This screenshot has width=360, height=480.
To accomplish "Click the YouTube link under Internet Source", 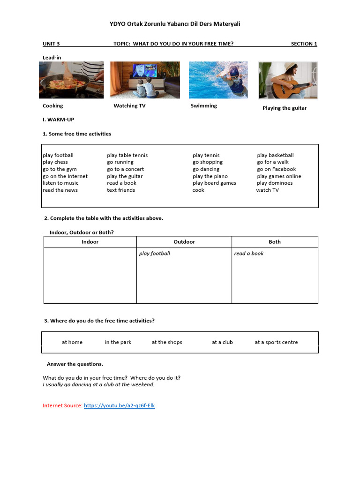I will [119, 405].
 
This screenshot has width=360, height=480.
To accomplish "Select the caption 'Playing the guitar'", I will [285, 108].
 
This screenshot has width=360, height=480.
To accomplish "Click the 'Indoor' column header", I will [90, 242].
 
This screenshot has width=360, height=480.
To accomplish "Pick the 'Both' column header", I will [275, 242].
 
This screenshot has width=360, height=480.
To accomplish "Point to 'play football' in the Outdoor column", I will [155, 254].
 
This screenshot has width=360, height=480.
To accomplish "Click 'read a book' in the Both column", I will [249, 254].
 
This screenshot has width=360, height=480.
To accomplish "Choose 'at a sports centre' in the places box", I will [276, 342].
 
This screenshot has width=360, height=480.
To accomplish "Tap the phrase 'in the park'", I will [118, 342].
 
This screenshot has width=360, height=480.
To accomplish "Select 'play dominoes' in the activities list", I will [275, 183].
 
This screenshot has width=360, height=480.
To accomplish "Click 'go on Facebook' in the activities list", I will [277, 169].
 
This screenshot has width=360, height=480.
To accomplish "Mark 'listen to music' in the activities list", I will [60, 183].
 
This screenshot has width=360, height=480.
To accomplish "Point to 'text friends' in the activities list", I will [121, 190].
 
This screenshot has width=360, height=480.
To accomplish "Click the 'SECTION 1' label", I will [304, 44].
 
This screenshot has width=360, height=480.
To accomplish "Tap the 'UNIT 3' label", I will [51, 44].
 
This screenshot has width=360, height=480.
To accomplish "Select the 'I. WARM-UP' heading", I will [59, 120].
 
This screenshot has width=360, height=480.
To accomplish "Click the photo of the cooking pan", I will [71, 80].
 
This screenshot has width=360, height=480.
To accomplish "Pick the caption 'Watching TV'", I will [129, 106].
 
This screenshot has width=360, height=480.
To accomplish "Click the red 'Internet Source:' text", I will [62, 405].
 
